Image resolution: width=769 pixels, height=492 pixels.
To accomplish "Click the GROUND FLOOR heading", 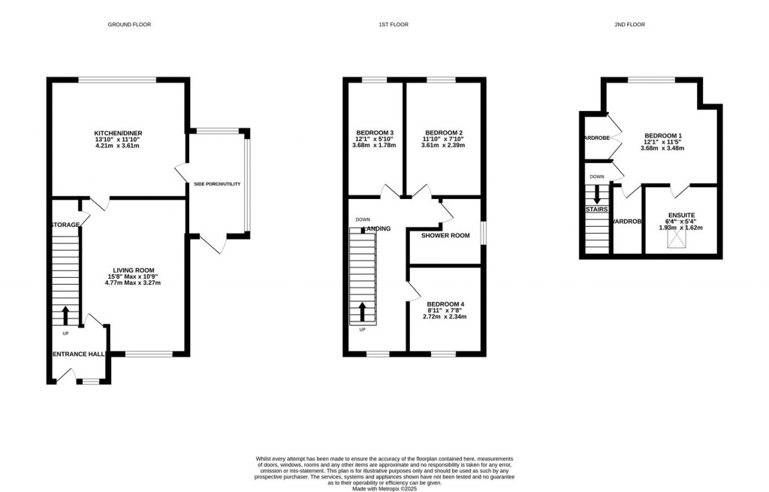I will click(x=130, y=25).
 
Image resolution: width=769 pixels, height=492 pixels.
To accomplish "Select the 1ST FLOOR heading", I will click(x=394, y=25).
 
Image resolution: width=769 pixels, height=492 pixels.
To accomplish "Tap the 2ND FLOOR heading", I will click(x=629, y=25).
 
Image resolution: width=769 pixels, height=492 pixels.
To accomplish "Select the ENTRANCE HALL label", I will click(x=78, y=354).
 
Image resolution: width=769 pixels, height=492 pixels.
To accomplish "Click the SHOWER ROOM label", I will click(x=445, y=235).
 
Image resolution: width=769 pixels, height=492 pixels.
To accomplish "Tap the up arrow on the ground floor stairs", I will click(x=65, y=314).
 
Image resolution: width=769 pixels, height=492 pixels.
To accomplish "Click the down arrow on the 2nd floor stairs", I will click(x=597, y=194).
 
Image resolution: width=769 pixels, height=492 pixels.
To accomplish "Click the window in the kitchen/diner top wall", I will click(x=117, y=80).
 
